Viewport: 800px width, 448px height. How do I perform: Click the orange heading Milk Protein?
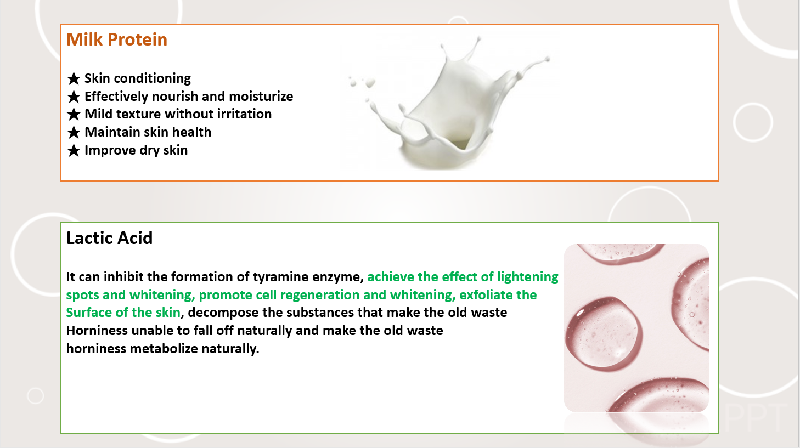click(x=117, y=39)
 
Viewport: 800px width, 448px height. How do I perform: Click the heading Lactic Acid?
click(x=109, y=238)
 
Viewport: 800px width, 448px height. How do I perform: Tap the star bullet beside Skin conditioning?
click(x=74, y=78)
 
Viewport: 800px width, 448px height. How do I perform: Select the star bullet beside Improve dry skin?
click(x=74, y=151)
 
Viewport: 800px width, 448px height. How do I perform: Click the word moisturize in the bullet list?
click(x=261, y=97)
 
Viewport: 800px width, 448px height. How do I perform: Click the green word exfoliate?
click(x=481, y=295)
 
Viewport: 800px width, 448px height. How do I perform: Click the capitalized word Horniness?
click(x=97, y=331)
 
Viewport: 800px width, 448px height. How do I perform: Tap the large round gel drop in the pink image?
click(x=604, y=334)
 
